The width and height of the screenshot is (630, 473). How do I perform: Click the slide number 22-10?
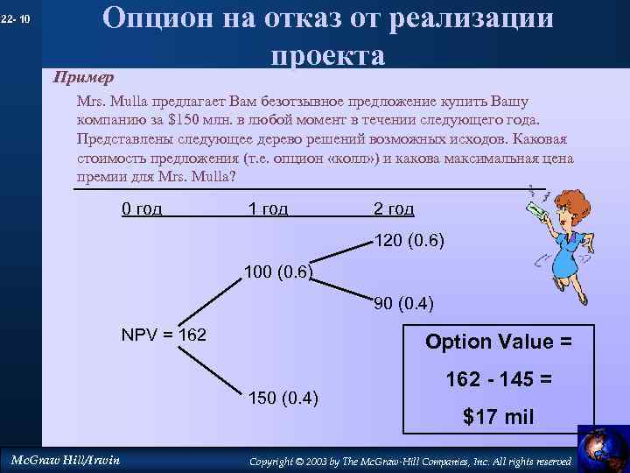coord(17,19)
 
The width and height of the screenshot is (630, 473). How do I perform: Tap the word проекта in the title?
coord(327,55)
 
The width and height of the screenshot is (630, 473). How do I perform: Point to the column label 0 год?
coord(141,208)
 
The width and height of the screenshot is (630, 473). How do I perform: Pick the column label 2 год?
coord(394,208)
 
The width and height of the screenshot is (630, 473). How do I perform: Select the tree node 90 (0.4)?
coord(403,304)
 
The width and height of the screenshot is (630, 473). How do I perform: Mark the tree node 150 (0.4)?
coord(285,399)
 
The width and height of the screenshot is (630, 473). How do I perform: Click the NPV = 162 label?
coord(164,335)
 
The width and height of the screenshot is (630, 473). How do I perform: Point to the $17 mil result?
coord(498,417)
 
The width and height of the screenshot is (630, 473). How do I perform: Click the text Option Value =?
coord(498,342)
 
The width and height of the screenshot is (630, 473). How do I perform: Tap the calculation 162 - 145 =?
coord(498,380)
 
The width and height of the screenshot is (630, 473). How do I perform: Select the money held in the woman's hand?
coord(540,208)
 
